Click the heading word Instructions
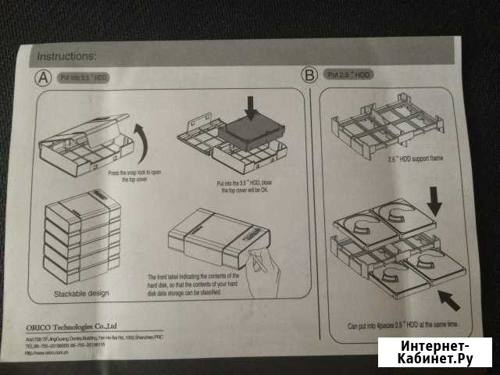[x=66, y=56]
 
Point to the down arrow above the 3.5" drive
[x=249, y=108]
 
